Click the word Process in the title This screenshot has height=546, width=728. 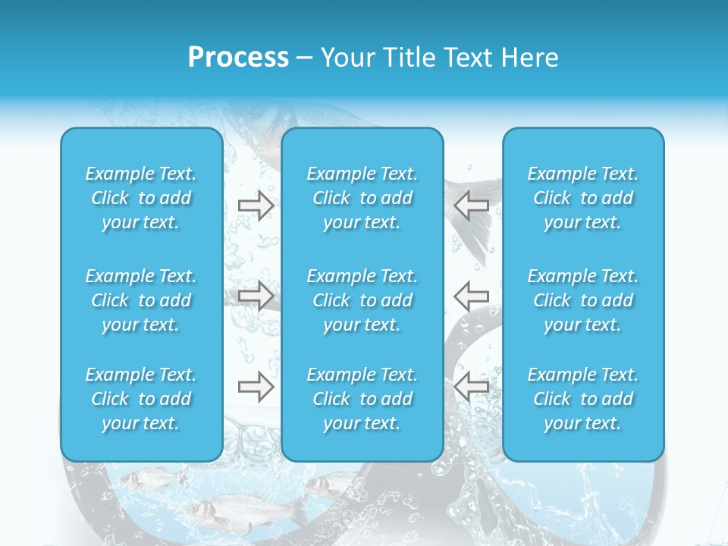pyautogui.click(x=238, y=58)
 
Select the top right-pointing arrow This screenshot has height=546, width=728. pyautogui.click(x=256, y=205)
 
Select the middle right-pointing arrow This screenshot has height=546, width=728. pyautogui.click(x=256, y=296)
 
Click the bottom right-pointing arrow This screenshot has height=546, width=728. pyautogui.click(x=256, y=387)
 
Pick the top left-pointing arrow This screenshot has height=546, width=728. pyautogui.click(x=472, y=205)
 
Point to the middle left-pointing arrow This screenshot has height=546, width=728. pyautogui.click(x=472, y=296)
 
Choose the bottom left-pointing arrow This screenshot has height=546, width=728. pyautogui.click(x=472, y=387)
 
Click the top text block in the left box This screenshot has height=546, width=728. pyautogui.click(x=141, y=198)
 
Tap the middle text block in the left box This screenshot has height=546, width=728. pyautogui.click(x=141, y=300)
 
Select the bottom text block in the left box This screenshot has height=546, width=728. pyautogui.click(x=141, y=399)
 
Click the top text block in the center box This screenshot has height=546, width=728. pyautogui.click(x=362, y=198)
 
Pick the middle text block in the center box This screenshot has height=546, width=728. pyautogui.click(x=362, y=300)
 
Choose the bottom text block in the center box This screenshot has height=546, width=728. pyautogui.click(x=362, y=399)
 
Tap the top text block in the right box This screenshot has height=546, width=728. pyautogui.click(x=582, y=198)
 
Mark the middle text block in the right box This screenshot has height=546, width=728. pyautogui.click(x=582, y=300)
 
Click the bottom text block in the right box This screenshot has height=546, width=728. pyautogui.click(x=582, y=399)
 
